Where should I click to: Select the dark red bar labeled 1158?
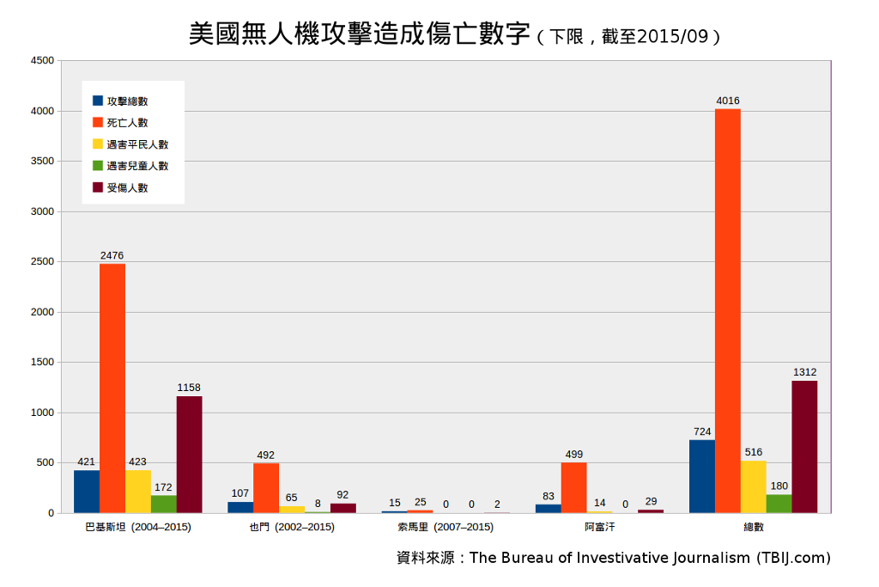point(189,455)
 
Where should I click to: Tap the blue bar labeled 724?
point(701,476)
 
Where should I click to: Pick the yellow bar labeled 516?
point(753,486)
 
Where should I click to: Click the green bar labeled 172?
point(163,504)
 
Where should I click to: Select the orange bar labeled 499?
point(573,487)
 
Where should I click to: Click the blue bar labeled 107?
point(240,507)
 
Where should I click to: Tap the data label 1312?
point(804,372)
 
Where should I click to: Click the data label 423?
point(137,462)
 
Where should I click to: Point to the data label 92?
point(343,494)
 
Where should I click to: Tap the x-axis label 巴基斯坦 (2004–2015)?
point(138,527)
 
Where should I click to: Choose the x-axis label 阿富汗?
point(599,527)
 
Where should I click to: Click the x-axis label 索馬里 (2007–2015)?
point(446,527)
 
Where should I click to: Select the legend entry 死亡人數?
point(127,123)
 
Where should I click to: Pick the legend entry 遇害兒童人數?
point(137,166)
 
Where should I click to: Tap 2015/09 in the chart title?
point(672,37)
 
